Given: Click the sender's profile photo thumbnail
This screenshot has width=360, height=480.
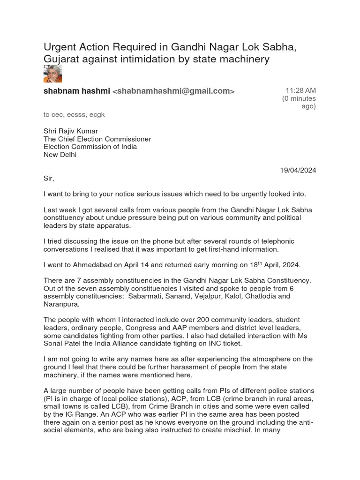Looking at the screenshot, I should click(x=52, y=74).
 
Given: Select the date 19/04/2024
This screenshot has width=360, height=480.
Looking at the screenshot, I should click(x=298, y=170).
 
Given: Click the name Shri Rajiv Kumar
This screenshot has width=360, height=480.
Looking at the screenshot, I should click(x=71, y=131).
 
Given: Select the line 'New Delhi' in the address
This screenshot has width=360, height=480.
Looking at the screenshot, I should click(x=60, y=155).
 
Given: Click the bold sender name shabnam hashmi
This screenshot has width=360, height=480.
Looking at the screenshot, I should click(x=77, y=91).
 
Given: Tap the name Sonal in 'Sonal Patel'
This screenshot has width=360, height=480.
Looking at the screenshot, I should click(x=54, y=344).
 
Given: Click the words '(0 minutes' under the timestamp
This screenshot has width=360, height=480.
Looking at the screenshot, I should click(x=299, y=98).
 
